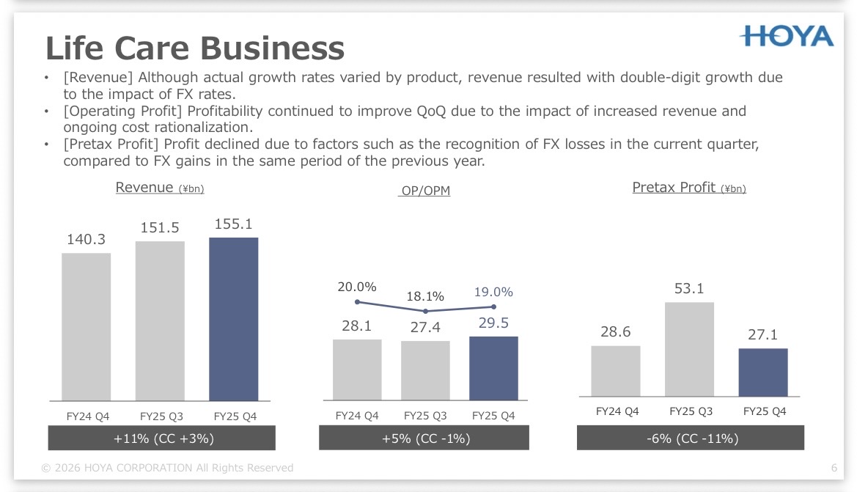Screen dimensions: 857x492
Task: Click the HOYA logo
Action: click(x=787, y=37)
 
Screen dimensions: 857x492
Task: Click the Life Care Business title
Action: click(x=195, y=48)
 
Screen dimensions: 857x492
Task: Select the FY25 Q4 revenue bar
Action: click(x=233, y=319)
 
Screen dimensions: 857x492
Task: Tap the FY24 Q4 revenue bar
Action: click(x=87, y=327)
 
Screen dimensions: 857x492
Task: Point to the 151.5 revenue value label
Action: click(x=160, y=227)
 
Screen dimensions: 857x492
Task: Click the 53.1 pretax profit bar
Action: click(x=689, y=349)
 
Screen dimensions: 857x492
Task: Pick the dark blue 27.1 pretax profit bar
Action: click(x=763, y=372)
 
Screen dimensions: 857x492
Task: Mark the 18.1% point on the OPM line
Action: click(x=426, y=311)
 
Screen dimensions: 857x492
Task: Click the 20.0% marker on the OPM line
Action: click(x=358, y=302)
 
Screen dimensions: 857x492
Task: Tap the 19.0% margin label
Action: click(x=493, y=292)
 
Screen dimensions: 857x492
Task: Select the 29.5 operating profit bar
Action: click(x=493, y=369)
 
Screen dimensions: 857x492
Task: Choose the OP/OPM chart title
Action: click(x=425, y=191)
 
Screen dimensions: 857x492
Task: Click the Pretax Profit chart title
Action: click(x=689, y=188)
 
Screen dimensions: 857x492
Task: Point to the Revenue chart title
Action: click(x=160, y=188)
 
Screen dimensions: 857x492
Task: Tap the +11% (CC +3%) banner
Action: click(x=162, y=438)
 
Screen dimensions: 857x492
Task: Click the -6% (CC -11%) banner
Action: click(x=691, y=438)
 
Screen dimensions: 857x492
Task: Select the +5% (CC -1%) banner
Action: click(x=424, y=438)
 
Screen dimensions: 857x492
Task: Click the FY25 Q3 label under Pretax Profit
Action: click(x=691, y=411)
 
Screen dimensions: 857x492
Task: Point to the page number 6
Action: click(x=834, y=468)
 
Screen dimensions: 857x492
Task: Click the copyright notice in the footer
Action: click(x=167, y=468)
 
